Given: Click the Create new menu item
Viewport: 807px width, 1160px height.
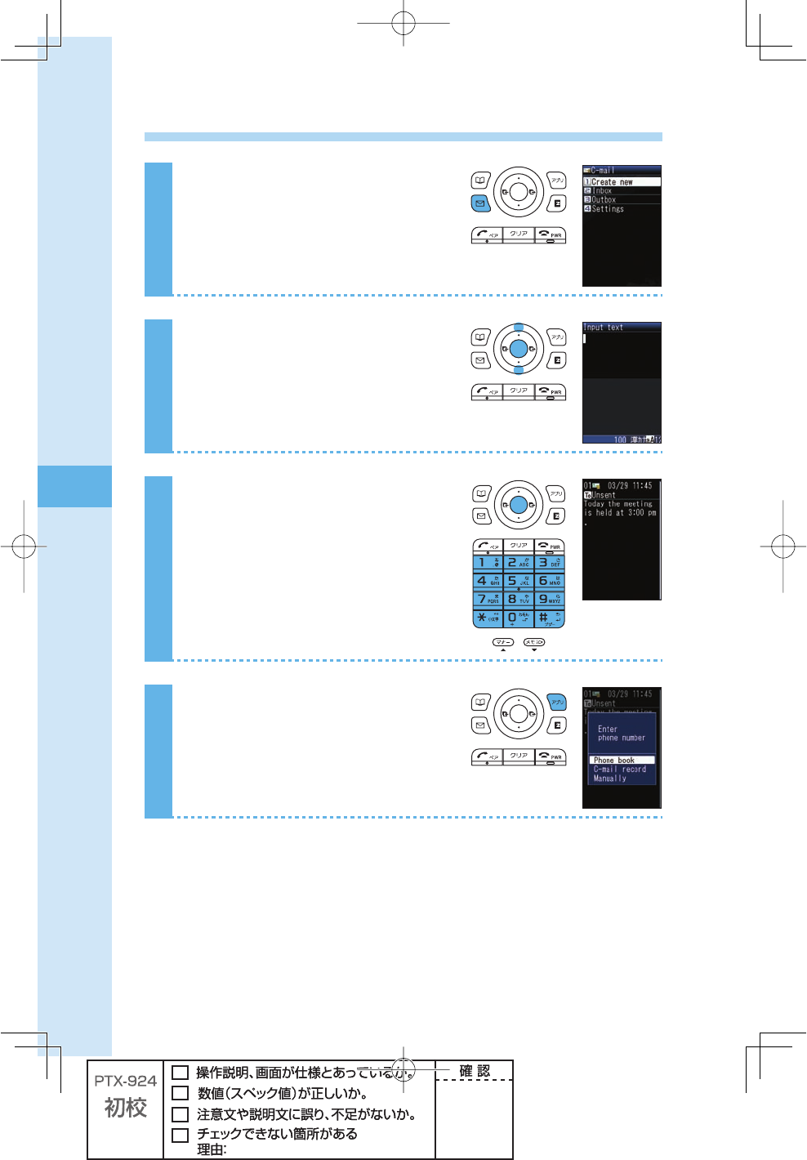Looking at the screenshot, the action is pos(612,182).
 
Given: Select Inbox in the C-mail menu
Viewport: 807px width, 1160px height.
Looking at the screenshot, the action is pos(602,191).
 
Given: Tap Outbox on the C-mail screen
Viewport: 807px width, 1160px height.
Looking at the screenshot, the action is pos(604,200).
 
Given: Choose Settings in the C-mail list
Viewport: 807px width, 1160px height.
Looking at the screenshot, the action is pos(608,209).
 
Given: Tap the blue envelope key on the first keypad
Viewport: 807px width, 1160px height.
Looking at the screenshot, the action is pos(480,203).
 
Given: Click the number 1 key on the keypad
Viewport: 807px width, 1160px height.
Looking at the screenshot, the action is pos(488,563).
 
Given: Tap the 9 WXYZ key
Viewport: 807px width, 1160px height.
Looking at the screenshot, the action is pos(549,599).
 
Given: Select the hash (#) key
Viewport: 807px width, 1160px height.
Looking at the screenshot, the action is pos(549,618).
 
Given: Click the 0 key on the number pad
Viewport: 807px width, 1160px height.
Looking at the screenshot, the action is pos(518,618).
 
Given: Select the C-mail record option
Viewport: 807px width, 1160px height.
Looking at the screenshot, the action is pos(619,770).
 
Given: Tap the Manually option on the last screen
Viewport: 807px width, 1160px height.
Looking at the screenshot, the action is pos(610,779).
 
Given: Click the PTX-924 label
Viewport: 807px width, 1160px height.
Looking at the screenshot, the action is pos(125,1081).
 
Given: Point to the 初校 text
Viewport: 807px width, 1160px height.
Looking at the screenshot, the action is pos(125,1108).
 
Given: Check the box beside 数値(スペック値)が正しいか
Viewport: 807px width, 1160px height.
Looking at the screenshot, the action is pos(181,1093).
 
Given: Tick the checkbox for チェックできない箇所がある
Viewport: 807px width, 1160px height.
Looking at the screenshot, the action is pos(181,1135).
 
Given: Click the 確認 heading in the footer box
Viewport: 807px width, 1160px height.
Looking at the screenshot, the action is pos(475,1071).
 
